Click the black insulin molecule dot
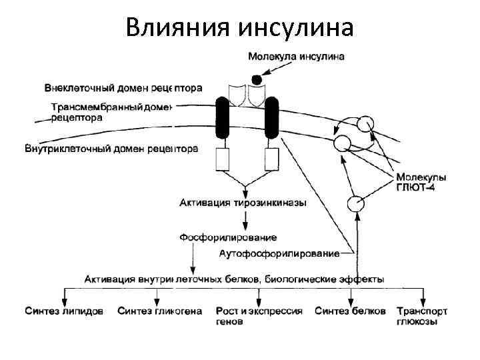pyautogui.click(x=256, y=79)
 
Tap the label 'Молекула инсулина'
pyautogui.click(x=297, y=57)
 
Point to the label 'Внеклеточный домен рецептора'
pyautogui.click(x=124, y=88)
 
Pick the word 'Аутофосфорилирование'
pyautogui.click(x=279, y=253)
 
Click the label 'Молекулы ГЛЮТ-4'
pyautogui.click(x=421, y=182)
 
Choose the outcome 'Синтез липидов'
pyautogui.click(x=64, y=311)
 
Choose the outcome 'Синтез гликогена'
pyautogui.click(x=160, y=311)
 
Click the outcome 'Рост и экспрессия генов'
pyautogui.click(x=259, y=315)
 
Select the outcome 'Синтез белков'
pyautogui.click(x=349, y=311)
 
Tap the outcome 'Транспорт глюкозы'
pyautogui.click(x=421, y=315)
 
